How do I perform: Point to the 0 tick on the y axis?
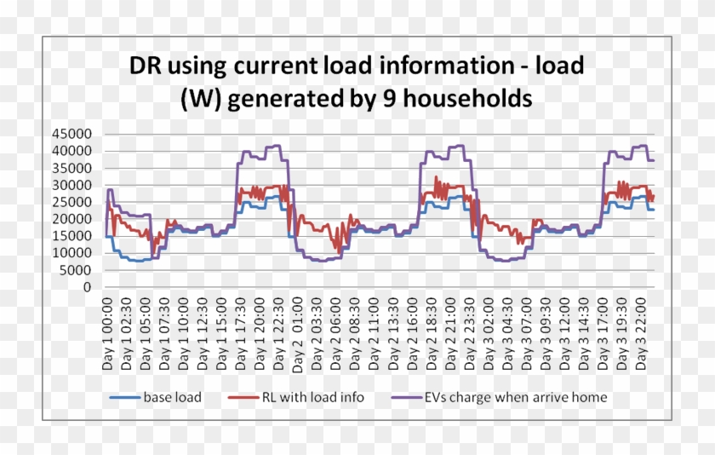tap(87, 287)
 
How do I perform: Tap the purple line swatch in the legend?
tap(410, 398)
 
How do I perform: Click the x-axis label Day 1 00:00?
tap(107, 334)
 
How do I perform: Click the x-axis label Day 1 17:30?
tap(240, 334)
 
